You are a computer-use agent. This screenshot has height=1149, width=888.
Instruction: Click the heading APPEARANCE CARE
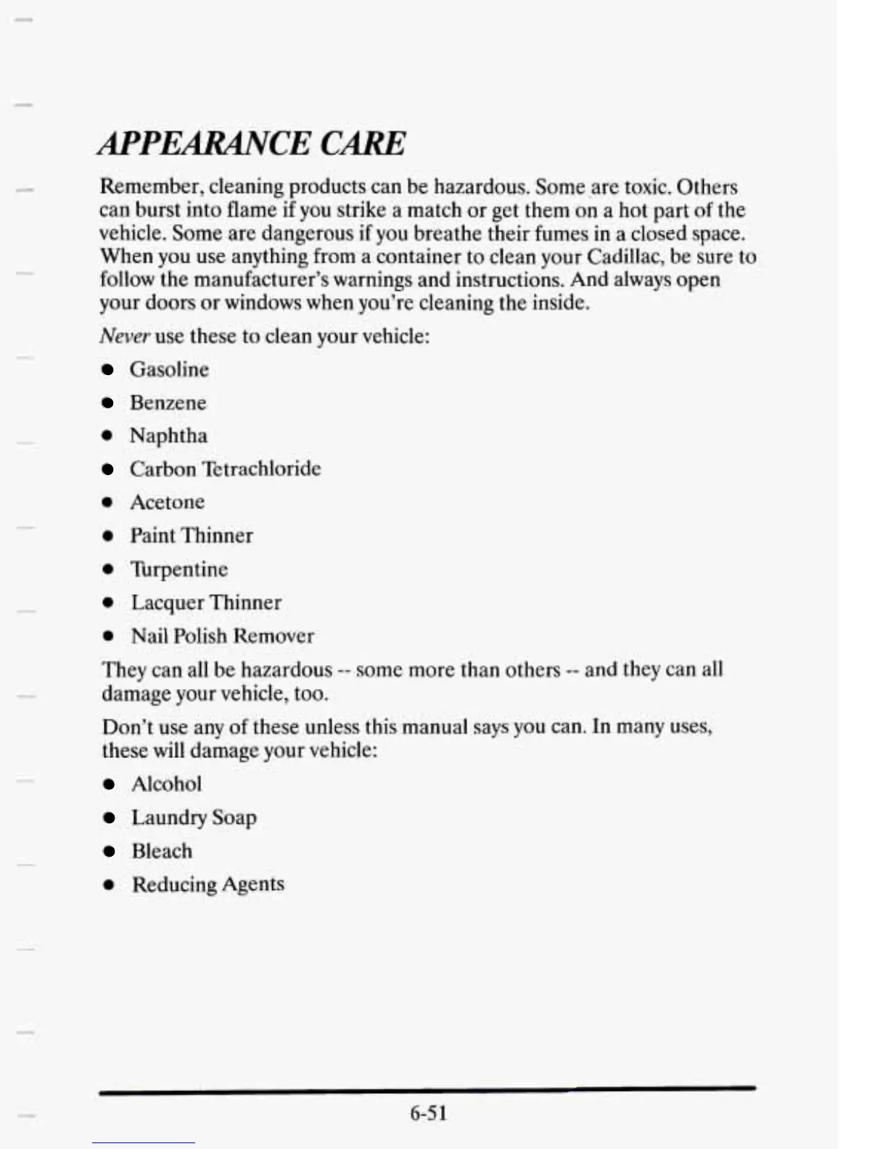252,143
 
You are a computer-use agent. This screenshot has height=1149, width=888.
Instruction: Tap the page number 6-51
428,1113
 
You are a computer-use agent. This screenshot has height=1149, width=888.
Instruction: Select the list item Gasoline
169,369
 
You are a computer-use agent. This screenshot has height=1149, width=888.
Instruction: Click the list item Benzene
168,403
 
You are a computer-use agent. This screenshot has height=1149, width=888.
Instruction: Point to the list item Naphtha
168,436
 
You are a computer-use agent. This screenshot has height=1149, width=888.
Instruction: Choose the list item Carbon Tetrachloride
225,469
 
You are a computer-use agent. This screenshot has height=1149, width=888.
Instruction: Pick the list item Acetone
167,502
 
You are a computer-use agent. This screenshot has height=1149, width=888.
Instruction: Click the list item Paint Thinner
192,535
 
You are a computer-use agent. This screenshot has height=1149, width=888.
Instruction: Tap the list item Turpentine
178,569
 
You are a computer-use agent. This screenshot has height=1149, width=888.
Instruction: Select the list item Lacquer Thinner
206,602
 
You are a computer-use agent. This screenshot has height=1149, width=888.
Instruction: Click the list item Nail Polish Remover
222,635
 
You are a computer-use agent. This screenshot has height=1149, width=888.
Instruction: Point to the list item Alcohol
166,783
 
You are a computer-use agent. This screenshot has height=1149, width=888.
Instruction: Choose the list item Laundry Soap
194,818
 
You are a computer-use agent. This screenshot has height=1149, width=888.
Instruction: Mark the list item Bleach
162,851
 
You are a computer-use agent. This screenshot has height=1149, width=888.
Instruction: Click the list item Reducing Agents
207,884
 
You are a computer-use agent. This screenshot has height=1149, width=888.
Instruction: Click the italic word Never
124,336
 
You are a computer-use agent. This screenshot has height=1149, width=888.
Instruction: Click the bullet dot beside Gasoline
107,370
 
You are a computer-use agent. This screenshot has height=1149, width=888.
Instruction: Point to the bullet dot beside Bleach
109,852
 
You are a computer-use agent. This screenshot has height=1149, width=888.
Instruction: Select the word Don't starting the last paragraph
126,726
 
